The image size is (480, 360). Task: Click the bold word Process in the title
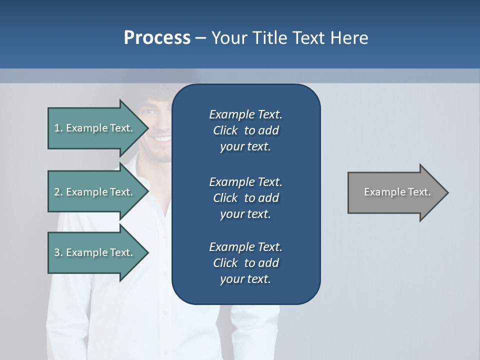click(x=157, y=37)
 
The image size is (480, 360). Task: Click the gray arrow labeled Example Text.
click(x=395, y=192)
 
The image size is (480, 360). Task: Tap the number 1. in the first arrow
click(x=58, y=128)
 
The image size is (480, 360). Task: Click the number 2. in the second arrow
click(x=58, y=192)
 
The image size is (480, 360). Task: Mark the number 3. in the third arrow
click(x=58, y=252)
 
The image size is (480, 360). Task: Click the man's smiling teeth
click(x=162, y=138)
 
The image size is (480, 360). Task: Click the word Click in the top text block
click(x=225, y=130)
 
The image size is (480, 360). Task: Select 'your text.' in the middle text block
click(x=245, y=214)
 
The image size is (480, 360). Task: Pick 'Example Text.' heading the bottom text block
click(x=245, y=246)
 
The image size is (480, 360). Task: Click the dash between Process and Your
click(x=201, y=38)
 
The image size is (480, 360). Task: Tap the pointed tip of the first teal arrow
click(x=148, y=128)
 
